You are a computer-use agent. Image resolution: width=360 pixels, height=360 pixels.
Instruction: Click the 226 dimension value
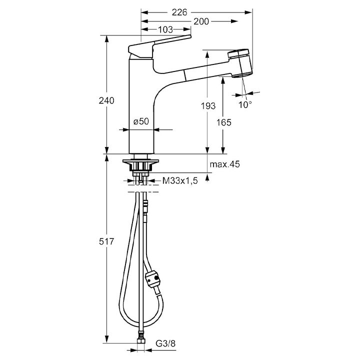tap(179, 12)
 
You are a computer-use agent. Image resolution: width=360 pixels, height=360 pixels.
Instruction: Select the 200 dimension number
tap(201, 21)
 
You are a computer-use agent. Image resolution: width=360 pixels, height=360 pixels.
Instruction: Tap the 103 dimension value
tap(165, 29)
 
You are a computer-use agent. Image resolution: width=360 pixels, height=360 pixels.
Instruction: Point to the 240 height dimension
tap(106, 100)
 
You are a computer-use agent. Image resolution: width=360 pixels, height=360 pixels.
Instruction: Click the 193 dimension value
tap(208, 106)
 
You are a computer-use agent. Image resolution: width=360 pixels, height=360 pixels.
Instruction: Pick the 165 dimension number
tap(224, 122)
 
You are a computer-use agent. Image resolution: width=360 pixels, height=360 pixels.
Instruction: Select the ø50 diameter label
tap(141, 121)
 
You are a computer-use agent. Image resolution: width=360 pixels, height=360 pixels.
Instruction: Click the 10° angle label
tap(245, 105)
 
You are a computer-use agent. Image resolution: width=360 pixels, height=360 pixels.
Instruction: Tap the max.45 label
tap(225, 164)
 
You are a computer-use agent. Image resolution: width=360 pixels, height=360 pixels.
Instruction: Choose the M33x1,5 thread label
tap(180, 181)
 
